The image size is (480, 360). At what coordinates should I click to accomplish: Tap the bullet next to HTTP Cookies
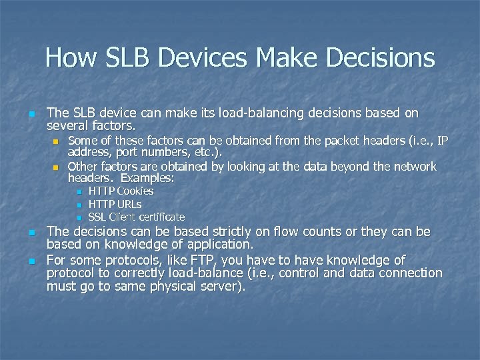pyautogui.click(x=78, y=192)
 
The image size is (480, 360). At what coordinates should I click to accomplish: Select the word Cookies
pyautogui.click(x=135, y=191)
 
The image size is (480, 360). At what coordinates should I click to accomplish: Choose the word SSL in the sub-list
pyautogui.click(x=97, y=217)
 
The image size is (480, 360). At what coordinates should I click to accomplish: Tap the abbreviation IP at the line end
pyautogui.click(x=441, y=140)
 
